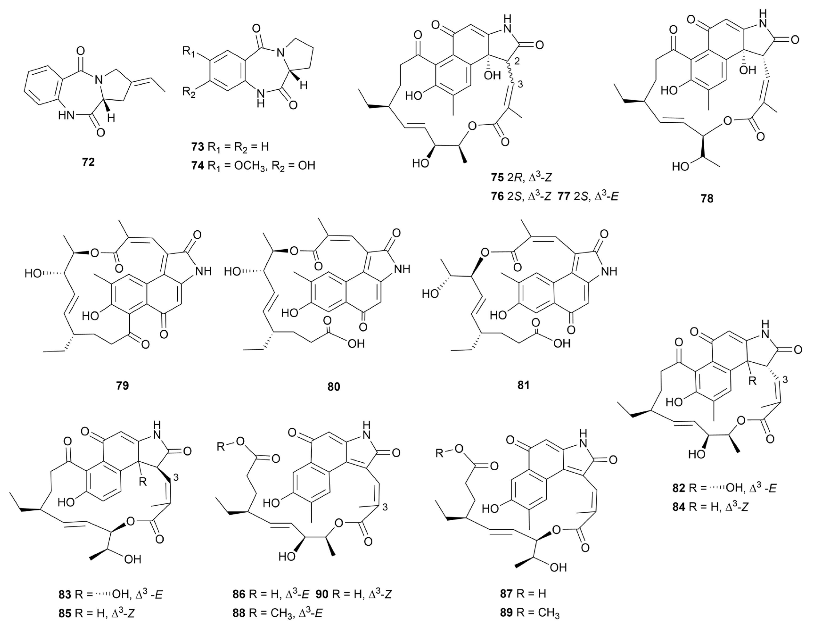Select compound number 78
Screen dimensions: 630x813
coord(707,199)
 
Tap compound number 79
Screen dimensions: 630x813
coord(123,385)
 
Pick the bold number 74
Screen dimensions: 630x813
coord(197,165)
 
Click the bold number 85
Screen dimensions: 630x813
coord(65,613)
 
